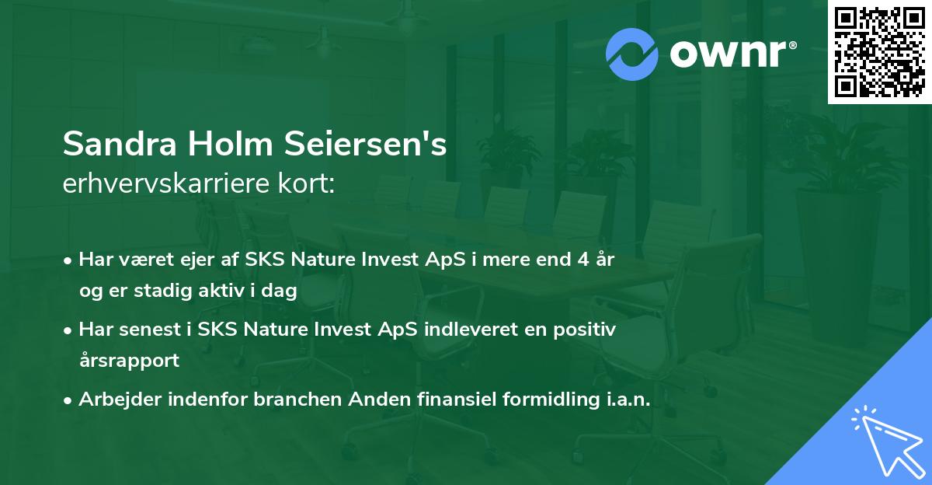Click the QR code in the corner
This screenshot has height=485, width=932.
click(x=880, y=52)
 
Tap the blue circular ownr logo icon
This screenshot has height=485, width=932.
click(x=632, y=54)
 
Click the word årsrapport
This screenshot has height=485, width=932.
click(x=129, y=361)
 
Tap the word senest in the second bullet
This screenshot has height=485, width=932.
click(x=151, y=330)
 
